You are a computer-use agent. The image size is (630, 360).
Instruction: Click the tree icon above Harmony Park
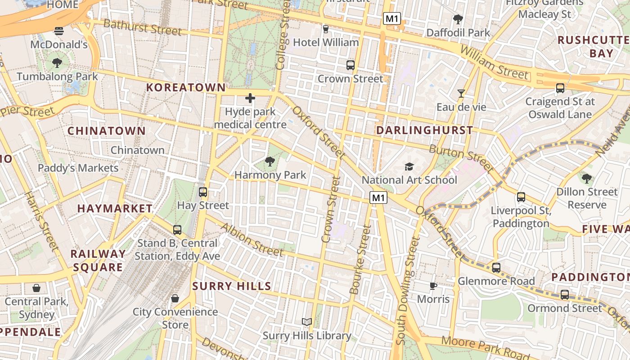(x=270, y=161)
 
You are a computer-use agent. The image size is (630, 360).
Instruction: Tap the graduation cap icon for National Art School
(x=409, y=167)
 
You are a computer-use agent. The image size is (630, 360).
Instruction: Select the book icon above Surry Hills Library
(x=307, y=322)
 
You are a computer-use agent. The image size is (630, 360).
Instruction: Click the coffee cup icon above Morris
(x=433, y=286)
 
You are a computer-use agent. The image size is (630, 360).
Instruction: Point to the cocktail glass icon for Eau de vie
(x=461, y=94)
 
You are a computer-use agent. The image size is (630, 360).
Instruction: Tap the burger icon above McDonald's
(x=59, y=31)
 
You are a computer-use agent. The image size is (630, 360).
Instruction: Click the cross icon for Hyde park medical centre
(x=250, y=98)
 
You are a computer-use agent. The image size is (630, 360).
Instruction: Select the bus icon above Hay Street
(x=203, y=192)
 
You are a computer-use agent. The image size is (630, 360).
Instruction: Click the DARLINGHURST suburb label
(x=424, y=130)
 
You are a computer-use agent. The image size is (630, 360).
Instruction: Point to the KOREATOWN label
(x=185, y=87)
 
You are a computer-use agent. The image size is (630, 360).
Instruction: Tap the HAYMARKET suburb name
(x=115, y=208)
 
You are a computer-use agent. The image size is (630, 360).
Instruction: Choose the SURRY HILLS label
(x=232, y=286)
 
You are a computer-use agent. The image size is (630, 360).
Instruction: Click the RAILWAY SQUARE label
(x=98, y=260)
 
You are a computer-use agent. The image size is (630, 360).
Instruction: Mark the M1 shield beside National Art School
(x=378, y=197)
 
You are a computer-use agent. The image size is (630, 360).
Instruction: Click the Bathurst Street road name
(x=143, y=27)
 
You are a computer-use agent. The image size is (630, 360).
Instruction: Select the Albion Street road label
(x=252, y=239)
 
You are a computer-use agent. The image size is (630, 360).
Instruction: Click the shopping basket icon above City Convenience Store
(x=175, y=298)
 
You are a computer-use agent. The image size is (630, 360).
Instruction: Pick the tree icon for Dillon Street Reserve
(x=586, y=178)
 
